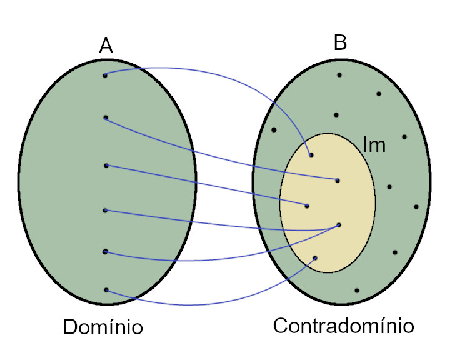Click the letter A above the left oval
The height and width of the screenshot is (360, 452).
point(106,46)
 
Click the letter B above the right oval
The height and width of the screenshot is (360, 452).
point(340,42)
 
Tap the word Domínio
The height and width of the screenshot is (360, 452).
point(103,327)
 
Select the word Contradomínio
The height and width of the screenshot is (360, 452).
point(343,326)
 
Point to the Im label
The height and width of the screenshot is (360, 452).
point(374,145)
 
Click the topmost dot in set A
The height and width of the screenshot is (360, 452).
point(105,76)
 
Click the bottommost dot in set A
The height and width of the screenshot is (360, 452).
point(106,290)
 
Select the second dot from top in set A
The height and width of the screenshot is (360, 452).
point(106,117)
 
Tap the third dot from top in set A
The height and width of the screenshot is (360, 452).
point(106,166)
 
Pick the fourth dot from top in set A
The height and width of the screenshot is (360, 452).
point(105,211)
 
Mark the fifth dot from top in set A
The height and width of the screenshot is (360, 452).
point(105,252)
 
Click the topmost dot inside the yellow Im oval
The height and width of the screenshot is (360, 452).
point(311,155)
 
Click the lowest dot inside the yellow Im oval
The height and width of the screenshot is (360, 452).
point(315,258)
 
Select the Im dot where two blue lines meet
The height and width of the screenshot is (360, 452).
point(339,225)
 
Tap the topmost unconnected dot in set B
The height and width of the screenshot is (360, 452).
point(339,75)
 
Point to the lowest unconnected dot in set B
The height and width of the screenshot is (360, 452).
point(357,291)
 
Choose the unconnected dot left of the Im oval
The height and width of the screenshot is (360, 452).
point(274,130)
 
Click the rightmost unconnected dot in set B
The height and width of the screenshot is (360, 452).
point(416,207)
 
